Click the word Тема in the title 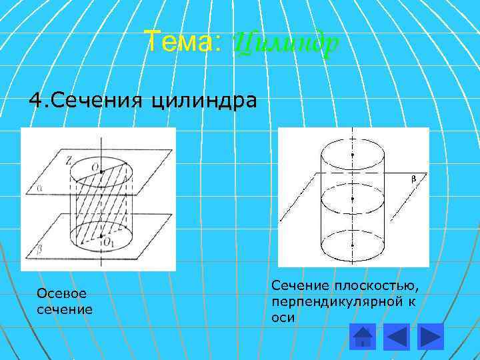click(177, 43)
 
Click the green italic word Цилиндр click(286, 44)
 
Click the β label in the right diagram click(413, 179)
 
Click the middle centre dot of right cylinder click(353, 199)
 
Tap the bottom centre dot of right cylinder click(353, 244)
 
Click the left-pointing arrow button click(397, 335)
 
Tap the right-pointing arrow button click(431, 335)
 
